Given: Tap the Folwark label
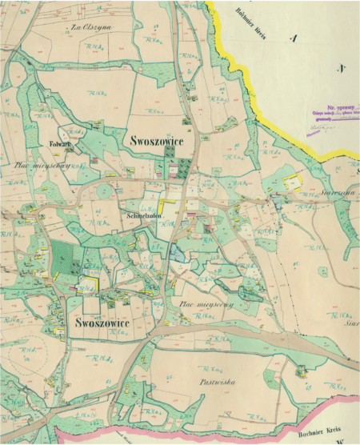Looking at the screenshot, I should (62, 145).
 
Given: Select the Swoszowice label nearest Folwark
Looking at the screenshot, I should (153, 141).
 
